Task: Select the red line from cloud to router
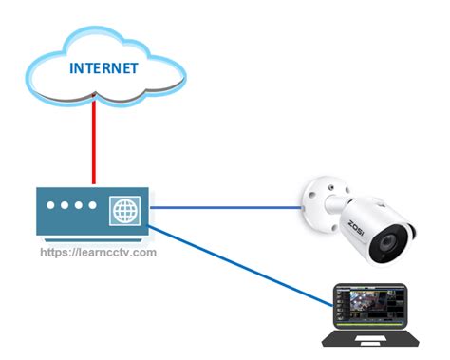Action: click(93, 142)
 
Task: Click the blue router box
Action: click(76, 223)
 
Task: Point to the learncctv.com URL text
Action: click(99, 253)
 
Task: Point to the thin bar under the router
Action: click(93, 238)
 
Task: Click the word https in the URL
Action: click(57, 253)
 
